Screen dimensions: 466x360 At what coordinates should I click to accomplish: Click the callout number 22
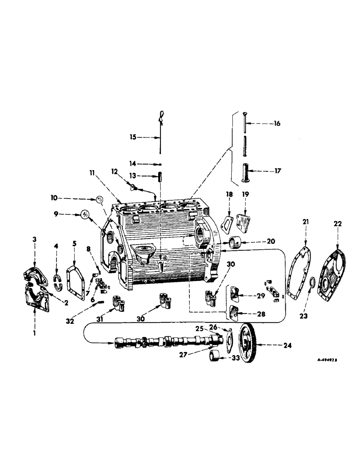pos(337,224)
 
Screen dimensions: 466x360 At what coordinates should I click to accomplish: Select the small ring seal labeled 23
pos(313,282)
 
